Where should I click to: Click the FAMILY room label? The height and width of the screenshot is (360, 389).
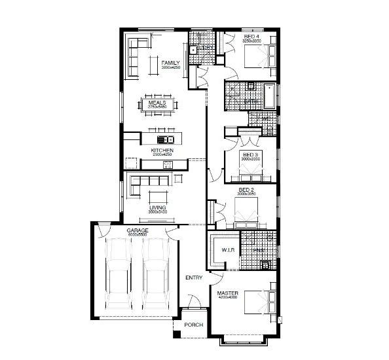point(170,63)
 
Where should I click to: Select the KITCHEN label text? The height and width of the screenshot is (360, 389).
point(162,151)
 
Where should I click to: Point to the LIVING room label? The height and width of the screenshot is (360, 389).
point(157,208)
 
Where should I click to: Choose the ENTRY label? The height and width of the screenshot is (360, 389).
point(194,278)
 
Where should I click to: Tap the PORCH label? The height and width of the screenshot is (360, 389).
point(193,325)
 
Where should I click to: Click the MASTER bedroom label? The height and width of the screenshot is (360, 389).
point(228,293)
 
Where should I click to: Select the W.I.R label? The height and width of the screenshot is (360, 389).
point(228,249)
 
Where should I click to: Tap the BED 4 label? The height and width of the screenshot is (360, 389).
point(251,36)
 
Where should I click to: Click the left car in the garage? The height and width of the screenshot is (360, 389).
point(119,275)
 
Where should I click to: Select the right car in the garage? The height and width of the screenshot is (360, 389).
point(156,275)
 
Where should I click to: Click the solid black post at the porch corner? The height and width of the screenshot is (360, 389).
point(176,335)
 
